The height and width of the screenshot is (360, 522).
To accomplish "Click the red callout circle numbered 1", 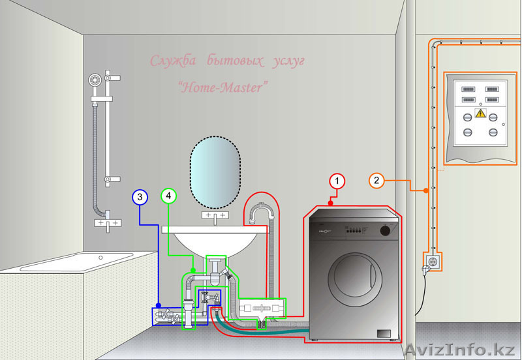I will pyautogui.click(x=336, y=181).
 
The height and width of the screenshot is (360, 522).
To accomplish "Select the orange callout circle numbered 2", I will pyautogui.click(x=376, y=180).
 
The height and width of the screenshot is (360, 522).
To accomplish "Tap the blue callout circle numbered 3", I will pyautogui.click(x=140, y=196).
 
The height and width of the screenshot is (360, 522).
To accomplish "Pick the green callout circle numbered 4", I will pyautogui.click(x=168, y=196).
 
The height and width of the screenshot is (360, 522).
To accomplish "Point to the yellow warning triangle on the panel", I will pyautogui.click(x=480, y=113).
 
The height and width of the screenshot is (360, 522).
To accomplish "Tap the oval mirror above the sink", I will pyautogui.click(x=215, y=172).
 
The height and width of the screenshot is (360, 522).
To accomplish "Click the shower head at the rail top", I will pyautogui.click(x=94, y=80).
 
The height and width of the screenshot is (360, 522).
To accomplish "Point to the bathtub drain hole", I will pyautogui.click(x=101, y=257).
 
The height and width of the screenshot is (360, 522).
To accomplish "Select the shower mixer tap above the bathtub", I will pyautogui.click(x=108, y=223).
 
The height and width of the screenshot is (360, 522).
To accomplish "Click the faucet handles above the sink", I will pyautogui.click(x=215, y=215).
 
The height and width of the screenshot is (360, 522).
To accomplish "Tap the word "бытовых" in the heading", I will pyautogui.click(x=228, y=63).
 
